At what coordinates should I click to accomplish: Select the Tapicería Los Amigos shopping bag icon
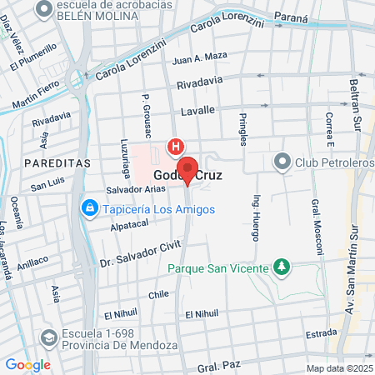point(87,207)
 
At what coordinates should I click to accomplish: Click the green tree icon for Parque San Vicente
point(282,267)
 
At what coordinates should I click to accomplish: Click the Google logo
point(27,365)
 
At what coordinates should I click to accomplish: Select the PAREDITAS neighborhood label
point(57,163)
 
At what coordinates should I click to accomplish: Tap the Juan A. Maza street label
point(199,57)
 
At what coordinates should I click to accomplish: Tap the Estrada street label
point(321,333)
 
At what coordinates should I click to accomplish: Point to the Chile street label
point(158,294)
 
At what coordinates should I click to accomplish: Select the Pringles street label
point(244,128)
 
